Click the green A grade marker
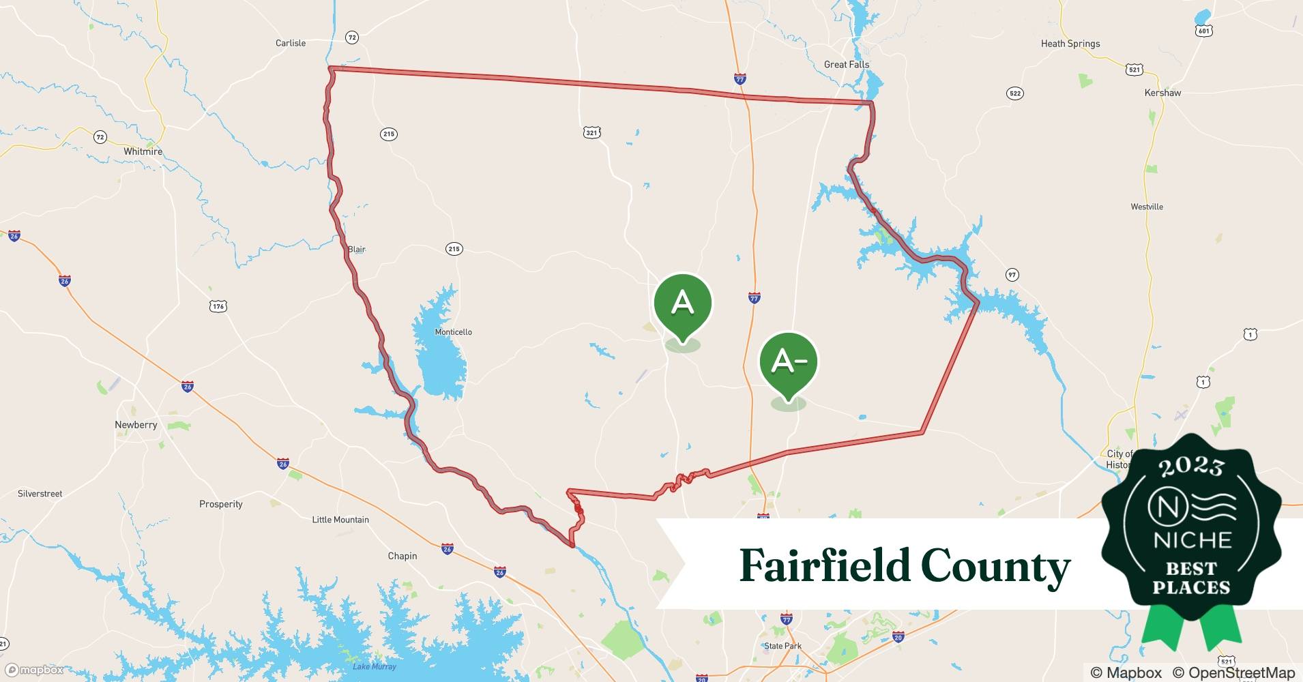(682, 303)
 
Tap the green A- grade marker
(789, 361)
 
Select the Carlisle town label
(291, 43)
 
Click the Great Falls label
(847, 65)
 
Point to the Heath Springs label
(1070, 44)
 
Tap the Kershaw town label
(1162, 93)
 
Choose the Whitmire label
(143, 151)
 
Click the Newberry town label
(136, 425)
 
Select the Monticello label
(454, 332)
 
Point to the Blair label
(357, 250)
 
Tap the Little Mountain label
(340, 520)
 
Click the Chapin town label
(402, 556)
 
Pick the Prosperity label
(221, 505)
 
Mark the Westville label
(1147, 207)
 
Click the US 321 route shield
(592, 132)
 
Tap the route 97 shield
(1012, 275)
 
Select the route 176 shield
(218, 306)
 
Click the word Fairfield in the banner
(825, 566)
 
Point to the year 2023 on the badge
(1191, 467)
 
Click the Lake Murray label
(375, 666)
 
